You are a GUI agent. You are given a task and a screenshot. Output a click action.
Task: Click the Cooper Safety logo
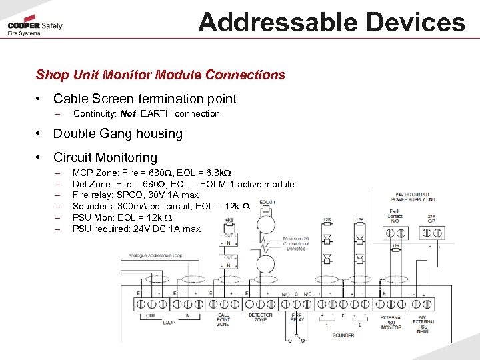coord(35,27)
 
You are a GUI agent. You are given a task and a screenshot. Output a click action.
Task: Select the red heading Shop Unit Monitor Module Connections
coord(161,75)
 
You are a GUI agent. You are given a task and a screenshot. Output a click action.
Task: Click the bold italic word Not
coord(128,114)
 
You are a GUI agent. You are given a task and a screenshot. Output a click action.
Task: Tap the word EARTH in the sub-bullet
coord(157,114)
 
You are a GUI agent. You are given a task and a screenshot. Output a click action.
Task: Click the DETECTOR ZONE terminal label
coord(260,317)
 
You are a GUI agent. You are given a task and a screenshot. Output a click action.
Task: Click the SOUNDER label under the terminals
coord(343,335)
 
